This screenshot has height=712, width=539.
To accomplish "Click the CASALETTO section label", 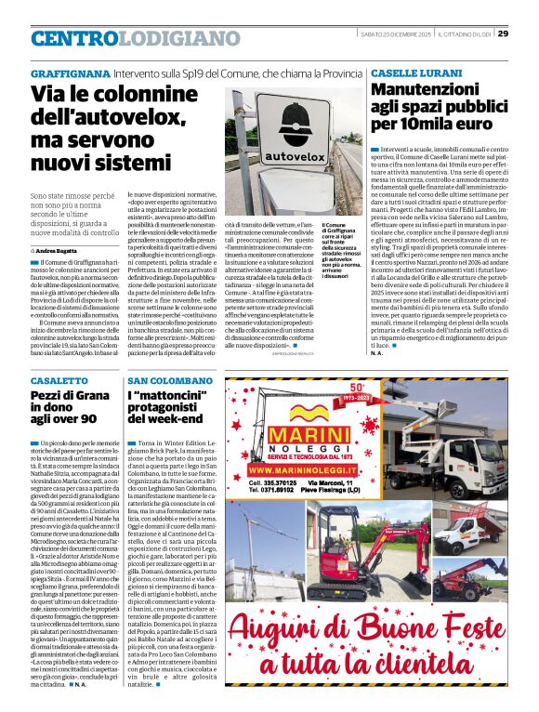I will [x=56, y=381].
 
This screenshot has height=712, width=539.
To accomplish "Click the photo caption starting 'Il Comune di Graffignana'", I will [x=339, y=252].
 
